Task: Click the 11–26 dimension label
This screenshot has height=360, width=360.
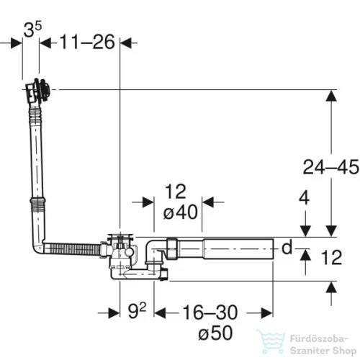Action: tap(87, 42)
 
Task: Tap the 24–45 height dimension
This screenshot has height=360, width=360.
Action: tap(331, 167)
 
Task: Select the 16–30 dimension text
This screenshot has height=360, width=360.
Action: tap(210, 312)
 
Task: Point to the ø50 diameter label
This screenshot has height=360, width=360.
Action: tap(215, 333)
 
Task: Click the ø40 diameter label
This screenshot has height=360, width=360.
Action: tap(181, 212)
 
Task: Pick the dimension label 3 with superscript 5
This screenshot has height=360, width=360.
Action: tap(32, 30)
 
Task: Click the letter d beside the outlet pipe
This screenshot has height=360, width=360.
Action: tap(287, 247)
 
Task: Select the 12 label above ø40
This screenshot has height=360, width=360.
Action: tap(176, 192)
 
